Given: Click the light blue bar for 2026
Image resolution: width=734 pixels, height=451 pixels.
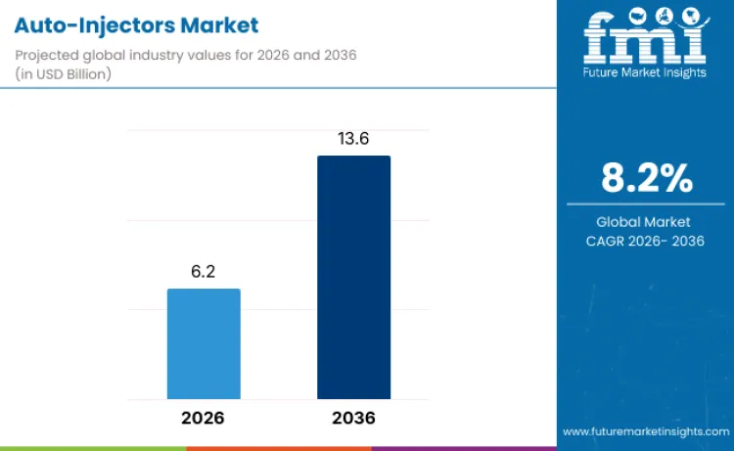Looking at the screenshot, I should pos(204,343).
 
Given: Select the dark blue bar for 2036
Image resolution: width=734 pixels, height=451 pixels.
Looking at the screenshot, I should pos(353,277).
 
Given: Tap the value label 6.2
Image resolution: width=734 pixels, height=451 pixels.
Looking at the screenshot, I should pos(204,272).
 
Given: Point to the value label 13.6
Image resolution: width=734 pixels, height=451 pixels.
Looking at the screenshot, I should pos(353,139).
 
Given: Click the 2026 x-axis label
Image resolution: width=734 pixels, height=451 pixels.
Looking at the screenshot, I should pos(203,418).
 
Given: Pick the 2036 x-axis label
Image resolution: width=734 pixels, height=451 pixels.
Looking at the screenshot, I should pos(352,418).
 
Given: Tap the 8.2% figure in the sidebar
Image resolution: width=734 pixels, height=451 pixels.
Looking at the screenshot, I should pos(646,179).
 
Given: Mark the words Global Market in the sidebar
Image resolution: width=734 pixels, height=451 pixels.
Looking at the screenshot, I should pos(646,222).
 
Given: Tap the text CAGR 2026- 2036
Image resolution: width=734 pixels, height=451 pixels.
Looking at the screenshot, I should pos(646,241).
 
